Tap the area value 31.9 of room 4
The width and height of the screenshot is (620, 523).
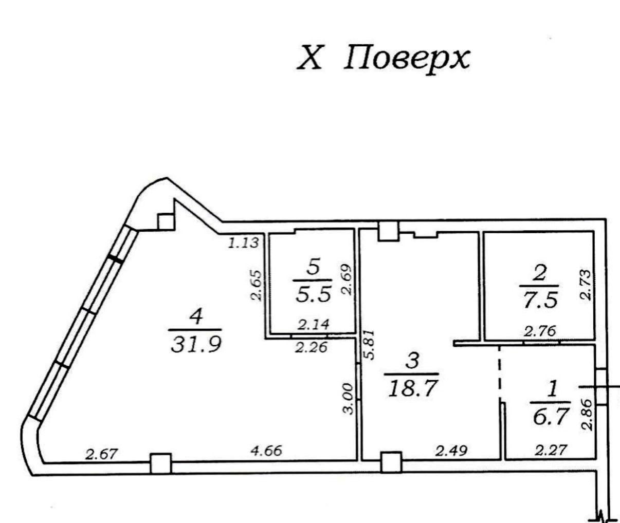coord(196,345)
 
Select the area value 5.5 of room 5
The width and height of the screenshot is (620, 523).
coord(313,295)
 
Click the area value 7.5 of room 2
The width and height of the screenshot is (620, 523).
coord(540,301)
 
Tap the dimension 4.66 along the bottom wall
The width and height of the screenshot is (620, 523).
coord(266,451)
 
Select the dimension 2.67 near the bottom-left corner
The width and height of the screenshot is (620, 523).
coord(102,454)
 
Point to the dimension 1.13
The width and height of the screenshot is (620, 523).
coord(244,243)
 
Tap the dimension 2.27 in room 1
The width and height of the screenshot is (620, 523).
coord(551,450)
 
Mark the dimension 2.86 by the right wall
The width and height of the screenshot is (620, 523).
coord(587,415)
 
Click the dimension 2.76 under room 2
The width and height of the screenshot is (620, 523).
coord(540,331)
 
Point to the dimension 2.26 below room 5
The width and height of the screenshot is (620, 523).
coord(311,347)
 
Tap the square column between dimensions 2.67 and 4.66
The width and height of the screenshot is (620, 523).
coord(161,463)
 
